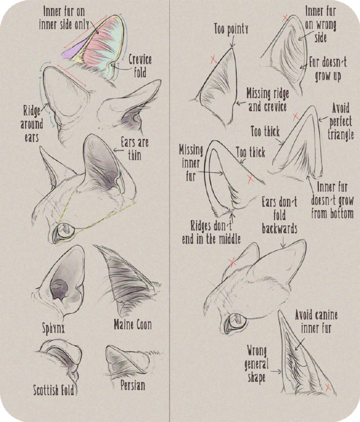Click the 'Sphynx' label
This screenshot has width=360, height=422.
click(x=53, y=328)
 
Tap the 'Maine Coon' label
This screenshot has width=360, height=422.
click(x=133, y=324)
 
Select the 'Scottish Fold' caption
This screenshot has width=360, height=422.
click(x=54, y=390)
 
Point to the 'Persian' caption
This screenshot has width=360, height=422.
click(x=133, y=385)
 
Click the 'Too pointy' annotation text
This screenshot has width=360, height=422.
click(x=231, y=29)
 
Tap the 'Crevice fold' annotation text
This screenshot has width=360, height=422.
click(x=140, y=66)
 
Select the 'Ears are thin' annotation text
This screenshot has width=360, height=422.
click(x=135, y=149)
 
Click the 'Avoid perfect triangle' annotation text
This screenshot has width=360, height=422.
click(x=341, y=122)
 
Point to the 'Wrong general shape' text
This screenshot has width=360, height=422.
click(x=257, y=364)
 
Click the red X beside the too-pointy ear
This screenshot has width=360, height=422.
click(x=213, y=59)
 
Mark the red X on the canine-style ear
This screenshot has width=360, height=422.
click(x=328, y=387)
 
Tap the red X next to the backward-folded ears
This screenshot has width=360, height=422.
click(x=232, y=262)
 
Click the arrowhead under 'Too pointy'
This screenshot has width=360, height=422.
click(x=232, y=46)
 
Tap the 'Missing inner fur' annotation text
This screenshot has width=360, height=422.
click(x=191, y=163)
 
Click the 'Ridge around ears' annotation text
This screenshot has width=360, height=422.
click(x=32, y=124)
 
